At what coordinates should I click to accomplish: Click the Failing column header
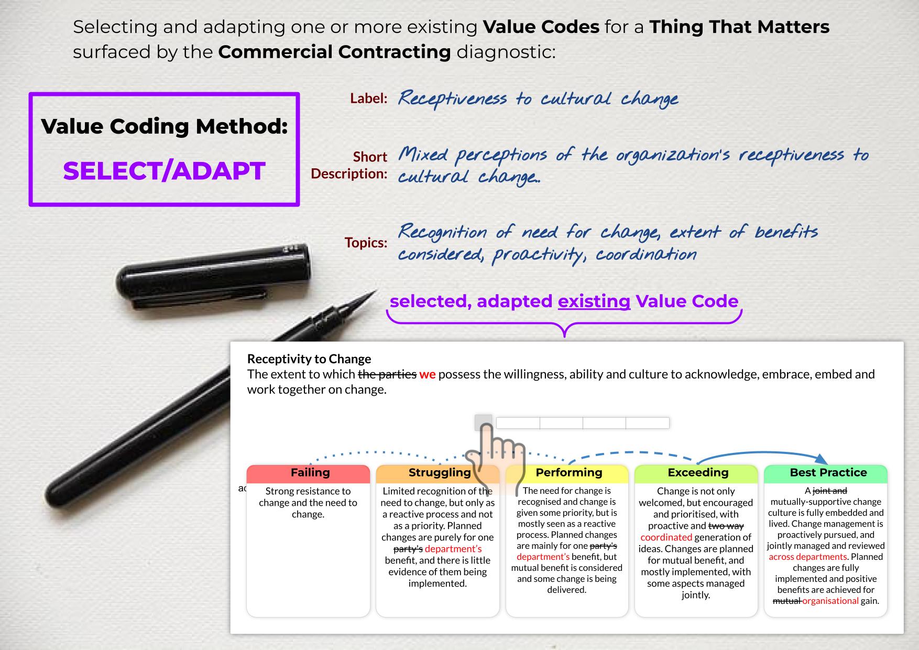coord(310,473)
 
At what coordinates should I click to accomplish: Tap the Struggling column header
coord(439,473)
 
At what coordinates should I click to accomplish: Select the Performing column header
coord(568,473)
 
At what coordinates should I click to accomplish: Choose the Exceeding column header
coord(698,473)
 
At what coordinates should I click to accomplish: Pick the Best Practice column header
coord(828,473)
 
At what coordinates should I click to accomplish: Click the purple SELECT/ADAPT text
coord(164,171)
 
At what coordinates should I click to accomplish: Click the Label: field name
coord(369,99)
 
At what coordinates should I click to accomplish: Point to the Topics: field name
coord(366,243)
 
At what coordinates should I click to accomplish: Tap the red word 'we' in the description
coord(428,374)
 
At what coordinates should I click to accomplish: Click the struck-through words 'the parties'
coord(387,374)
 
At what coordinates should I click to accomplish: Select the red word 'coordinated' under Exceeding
coord(666,537)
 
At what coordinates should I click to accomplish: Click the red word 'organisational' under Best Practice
coord(830,601)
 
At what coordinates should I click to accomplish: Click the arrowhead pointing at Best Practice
coord(821,459)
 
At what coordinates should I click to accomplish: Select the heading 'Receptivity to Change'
coord(309,359)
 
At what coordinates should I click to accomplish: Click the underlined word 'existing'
coord(594,301)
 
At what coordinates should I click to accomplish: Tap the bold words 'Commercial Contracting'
coord(334,52)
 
